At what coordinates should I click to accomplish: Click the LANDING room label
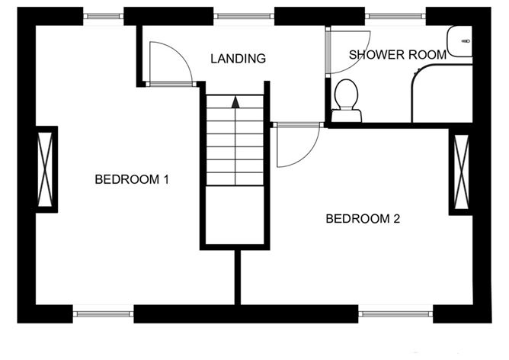[x=238, y=59]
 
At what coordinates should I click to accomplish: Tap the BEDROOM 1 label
[x=132, y=179]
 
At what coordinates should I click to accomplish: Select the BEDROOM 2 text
[x=363, y=219]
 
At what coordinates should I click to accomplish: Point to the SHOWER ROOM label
[x=398, y=55]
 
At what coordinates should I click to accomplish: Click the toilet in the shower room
[x=346, y=101]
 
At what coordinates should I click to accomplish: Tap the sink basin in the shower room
[x=459, y=41]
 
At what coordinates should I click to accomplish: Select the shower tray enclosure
[x=442, y=94]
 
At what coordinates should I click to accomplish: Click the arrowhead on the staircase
[x=235, y=102]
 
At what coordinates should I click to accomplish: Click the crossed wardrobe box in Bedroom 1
[x=45, y=169]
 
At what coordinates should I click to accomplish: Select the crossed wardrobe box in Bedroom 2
[x=461, y=172]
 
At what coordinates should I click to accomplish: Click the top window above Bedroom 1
[x=103, y=16]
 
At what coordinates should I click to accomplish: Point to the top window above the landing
[x=244, y=16]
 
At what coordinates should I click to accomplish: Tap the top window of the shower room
[x=395, y=16]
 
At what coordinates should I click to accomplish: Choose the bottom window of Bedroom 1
[x=103, y=314]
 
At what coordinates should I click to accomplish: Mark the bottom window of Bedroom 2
[x=395, y=314]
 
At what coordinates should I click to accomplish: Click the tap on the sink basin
[x=466, y=41]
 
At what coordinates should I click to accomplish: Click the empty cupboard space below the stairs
[x=235, y=214]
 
